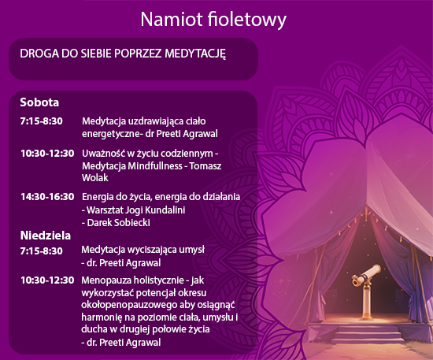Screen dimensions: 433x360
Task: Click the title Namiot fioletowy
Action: point(213,20)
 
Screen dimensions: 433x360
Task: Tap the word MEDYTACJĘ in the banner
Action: point(195,54)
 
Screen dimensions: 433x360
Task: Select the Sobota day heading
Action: point(39,102)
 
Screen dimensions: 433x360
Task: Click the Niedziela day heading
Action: point(46,236)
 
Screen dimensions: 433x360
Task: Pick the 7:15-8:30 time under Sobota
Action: point(42,121)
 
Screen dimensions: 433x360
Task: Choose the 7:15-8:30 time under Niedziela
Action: point(42,251)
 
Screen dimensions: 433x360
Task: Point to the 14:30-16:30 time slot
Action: point(47,197)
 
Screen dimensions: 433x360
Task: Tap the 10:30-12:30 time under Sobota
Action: point(47,154)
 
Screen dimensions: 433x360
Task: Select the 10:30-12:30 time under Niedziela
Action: point(47,280)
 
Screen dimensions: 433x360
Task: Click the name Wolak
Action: point(95,178)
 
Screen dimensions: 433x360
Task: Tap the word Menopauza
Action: point(106,280)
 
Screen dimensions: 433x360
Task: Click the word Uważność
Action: point(102,153)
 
